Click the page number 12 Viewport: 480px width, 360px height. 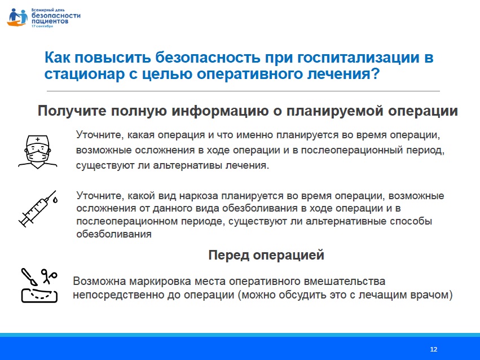point(434,349)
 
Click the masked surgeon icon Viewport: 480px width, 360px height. point(38,152)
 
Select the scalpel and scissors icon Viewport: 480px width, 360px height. point(39,286)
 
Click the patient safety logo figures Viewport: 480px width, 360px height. point(17,17)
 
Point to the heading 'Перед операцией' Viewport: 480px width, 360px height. point(266,254)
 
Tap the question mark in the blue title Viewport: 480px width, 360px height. point(375,74)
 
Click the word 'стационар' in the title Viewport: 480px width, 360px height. point(84,74)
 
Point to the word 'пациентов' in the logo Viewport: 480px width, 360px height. point(50,21)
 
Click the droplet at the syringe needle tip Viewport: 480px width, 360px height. point(55,200)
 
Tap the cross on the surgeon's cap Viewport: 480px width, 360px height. point(38,139)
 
